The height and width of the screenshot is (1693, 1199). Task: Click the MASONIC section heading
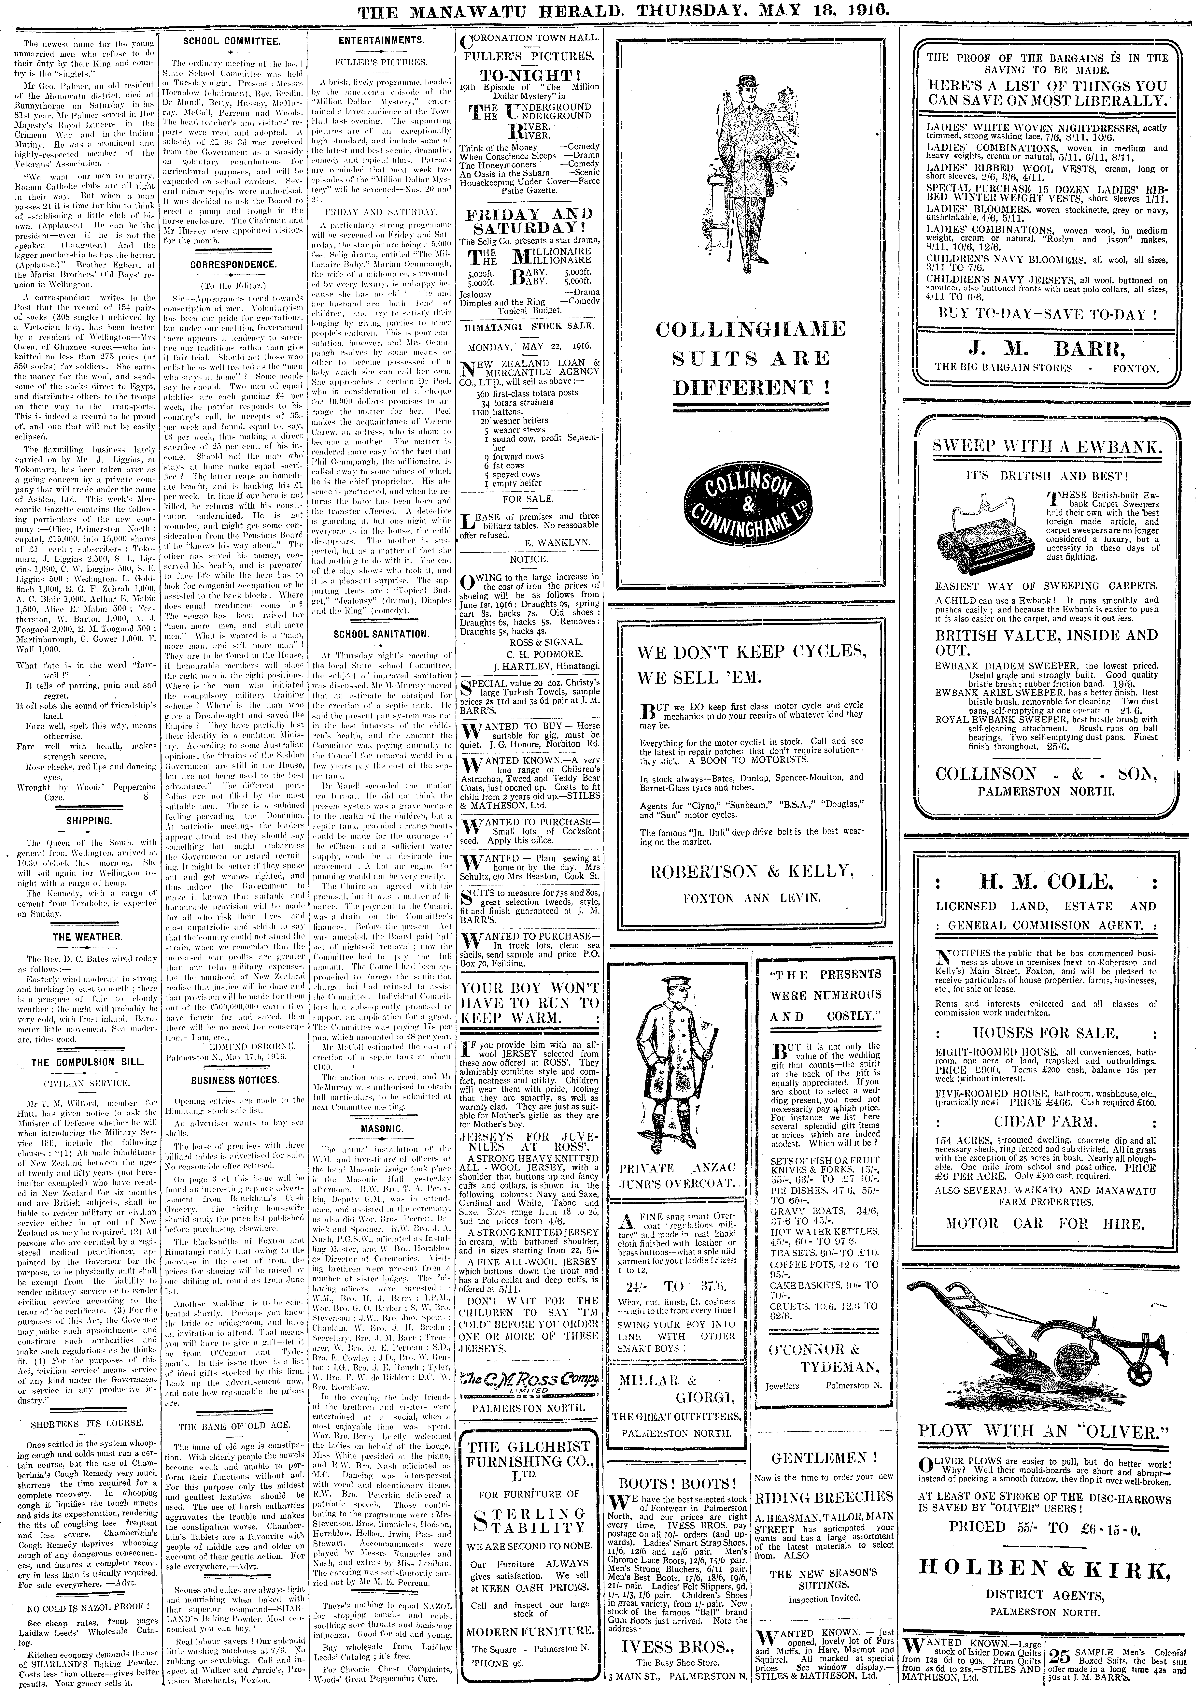click(381, 1129)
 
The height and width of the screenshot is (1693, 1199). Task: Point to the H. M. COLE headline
click(1045, 881)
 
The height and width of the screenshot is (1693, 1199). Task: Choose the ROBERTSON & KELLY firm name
click(751, 871)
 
